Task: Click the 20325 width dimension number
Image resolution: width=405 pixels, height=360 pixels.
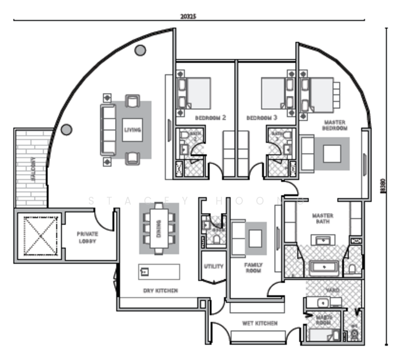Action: (187, 16)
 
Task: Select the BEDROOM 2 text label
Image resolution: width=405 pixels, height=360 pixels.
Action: (210, 118)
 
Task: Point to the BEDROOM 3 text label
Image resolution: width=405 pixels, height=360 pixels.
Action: (262, 118)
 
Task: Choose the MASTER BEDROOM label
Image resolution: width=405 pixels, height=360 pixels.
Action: (334, 125)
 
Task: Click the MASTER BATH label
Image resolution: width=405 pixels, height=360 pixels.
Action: (322, 219)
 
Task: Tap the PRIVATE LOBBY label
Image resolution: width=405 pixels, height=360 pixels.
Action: (87, 237)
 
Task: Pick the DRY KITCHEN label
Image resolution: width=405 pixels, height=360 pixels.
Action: (160, 291)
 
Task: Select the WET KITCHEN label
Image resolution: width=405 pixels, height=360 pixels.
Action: (259, 323)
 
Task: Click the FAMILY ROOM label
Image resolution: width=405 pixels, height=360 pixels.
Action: (253, 268)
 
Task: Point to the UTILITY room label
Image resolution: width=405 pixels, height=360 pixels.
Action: (214, 266)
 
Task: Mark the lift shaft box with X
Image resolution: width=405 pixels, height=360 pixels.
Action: (38, 236)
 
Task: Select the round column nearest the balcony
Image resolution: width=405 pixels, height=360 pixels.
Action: (67, 129)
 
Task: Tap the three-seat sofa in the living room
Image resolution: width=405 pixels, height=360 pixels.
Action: (108, 130)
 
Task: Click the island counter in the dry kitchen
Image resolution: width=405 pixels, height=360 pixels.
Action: (159, 272)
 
